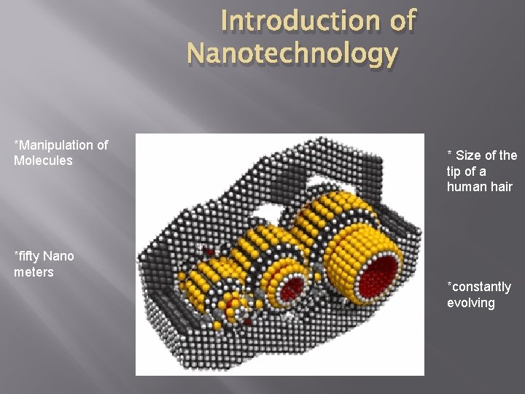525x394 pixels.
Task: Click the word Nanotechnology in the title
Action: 292,53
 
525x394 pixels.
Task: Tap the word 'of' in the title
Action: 403,22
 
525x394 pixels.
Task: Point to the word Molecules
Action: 43,159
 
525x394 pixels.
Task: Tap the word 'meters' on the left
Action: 33,271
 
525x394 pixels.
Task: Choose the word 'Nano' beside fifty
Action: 58,256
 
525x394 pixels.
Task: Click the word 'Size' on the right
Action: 469,155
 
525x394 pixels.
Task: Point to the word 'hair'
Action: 502,187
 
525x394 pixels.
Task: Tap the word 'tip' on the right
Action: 456,171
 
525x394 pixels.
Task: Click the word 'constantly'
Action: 481,287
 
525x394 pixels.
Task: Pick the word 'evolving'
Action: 471,302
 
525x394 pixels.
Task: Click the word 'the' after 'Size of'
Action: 508,155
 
